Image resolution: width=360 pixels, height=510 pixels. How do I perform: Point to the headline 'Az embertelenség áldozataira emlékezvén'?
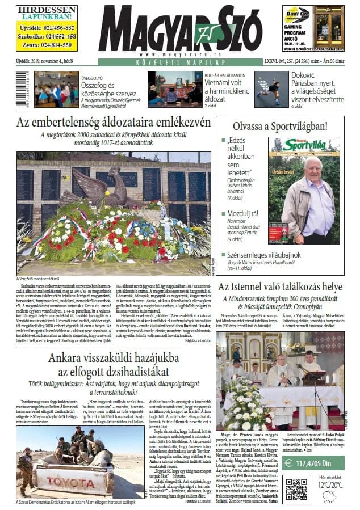[114, 123]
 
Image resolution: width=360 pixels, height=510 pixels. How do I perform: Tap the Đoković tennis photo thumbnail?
[271, 89]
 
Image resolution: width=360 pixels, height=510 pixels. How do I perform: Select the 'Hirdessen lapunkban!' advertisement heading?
[47, 14]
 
